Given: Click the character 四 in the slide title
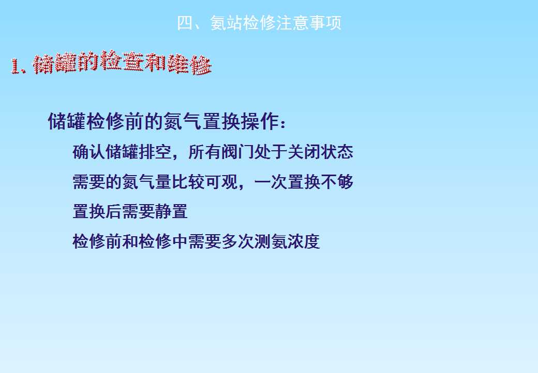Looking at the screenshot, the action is pyautogui.click(x=185, y=23).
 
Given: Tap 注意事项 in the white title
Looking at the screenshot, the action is pyautogui.click(x=309, y=23).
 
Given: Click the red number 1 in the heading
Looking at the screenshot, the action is pyautogui.click(x=15, y=66).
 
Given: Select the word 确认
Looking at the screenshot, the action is pyautogui.click(x=89, y=152).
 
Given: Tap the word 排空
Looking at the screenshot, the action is pyautogui.click(x=155, y=152).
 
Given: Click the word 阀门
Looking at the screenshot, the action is pyautogui.click(x=237, y=152).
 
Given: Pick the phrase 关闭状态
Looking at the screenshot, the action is pyautogui.click(x=320, y=152).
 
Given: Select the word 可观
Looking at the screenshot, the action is pyautogui.click(x=220, y=182).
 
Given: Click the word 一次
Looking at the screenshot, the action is pyautogui.click(x=271, y=182).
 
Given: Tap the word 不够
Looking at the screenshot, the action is pyautogui.click(x=337, y=182).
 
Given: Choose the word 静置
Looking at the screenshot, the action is pyautogui.click(x=171, y=211).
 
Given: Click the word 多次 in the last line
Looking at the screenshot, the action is pyautogui.click(x=237, y=241).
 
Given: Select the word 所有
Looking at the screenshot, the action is pyautogui.click(x=204, y=152).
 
